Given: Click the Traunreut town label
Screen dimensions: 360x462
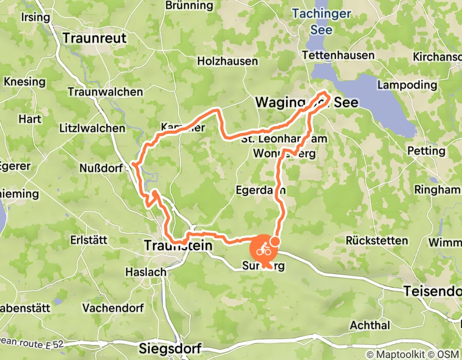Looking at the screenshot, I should [x=93, y=38].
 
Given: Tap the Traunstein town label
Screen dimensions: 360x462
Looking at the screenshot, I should [x=178, y=246].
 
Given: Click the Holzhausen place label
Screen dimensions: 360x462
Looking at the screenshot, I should [x=228, y=61].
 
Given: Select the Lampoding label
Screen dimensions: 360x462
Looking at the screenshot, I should [x=407, y=85].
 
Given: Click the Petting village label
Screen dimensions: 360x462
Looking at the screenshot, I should [x=426, y=151].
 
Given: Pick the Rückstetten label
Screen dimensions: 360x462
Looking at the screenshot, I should [x=377, y=240].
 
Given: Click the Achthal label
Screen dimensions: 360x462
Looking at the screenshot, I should [x=370, y=325].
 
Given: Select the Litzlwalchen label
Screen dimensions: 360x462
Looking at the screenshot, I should [x=92, y=128].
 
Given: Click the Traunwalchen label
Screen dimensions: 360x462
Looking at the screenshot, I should [x=105, y=92].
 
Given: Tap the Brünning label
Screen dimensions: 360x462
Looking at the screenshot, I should [x=182, y=6].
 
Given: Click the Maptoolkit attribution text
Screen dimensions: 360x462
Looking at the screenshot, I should [x=406, y=354].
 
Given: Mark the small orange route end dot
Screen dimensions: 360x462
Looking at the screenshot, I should [x=275, y=241].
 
